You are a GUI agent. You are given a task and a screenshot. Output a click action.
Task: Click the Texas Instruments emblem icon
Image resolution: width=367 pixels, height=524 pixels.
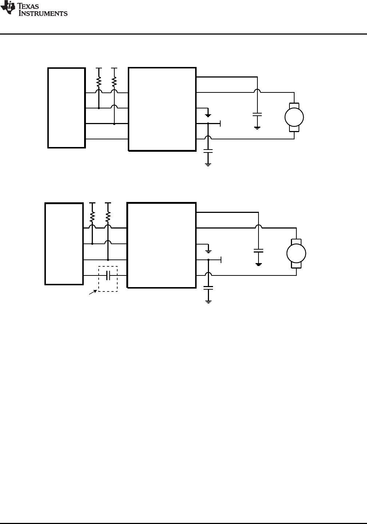point(8,8)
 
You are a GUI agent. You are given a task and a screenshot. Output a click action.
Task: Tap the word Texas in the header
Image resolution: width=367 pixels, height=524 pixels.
point(28,6)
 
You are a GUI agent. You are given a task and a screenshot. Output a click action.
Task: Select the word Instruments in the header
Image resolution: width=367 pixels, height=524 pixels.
point(43,13)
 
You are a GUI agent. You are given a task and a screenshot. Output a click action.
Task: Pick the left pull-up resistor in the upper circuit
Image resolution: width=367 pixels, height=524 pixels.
point(99,82)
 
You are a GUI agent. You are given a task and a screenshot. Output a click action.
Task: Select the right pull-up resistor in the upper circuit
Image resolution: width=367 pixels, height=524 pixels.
point(114,82)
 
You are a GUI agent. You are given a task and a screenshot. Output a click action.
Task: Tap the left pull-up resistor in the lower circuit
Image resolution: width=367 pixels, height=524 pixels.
point(92,217)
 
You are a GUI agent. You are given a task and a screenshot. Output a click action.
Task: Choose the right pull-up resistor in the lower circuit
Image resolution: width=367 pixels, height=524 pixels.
point(108,217)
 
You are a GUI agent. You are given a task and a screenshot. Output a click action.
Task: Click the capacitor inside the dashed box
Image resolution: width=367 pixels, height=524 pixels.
point(108,275)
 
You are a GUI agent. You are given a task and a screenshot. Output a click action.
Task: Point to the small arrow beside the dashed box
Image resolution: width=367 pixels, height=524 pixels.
point(93,292)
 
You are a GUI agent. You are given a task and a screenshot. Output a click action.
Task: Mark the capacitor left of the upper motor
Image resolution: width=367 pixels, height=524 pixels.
point(257,114)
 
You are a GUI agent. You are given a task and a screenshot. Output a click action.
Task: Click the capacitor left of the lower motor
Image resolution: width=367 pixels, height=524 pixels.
point(259,251)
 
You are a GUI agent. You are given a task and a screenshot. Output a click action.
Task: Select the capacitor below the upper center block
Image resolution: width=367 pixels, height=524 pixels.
point(208,151)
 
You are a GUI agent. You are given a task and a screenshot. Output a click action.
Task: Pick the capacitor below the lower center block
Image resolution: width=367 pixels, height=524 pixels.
point(208,288)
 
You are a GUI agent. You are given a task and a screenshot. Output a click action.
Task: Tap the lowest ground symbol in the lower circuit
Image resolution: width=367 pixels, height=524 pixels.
point(208,302)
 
